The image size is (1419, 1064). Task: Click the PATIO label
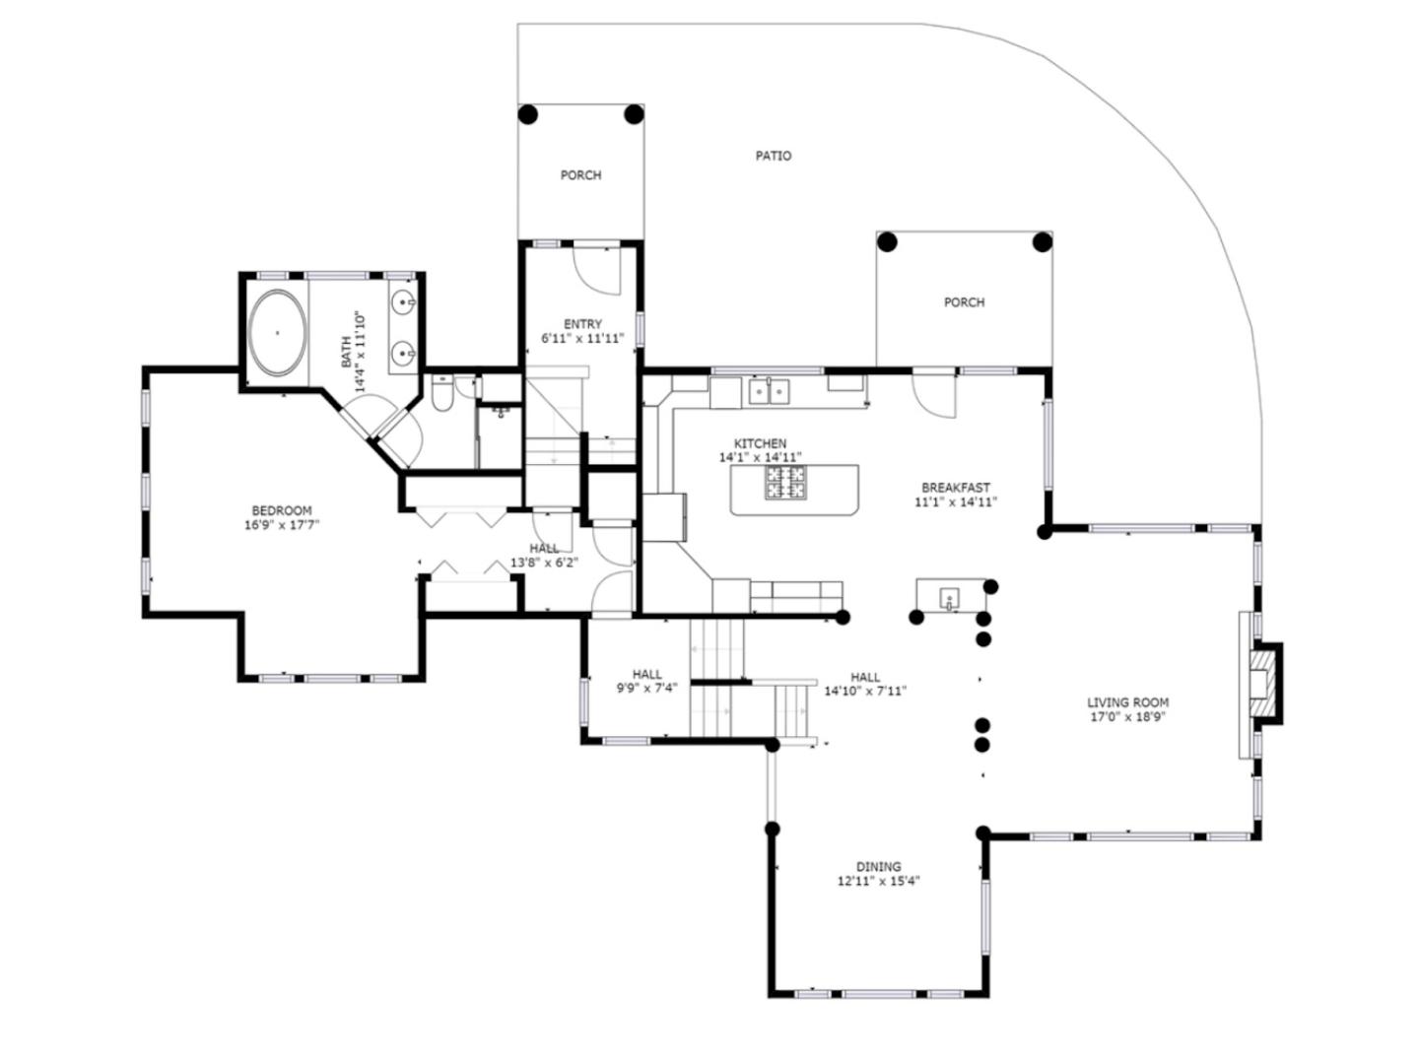pos(774,156)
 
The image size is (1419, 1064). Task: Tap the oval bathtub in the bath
pos(277,332)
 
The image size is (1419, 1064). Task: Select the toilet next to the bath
pos(442,393)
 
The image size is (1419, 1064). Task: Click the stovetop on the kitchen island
pos(785,482)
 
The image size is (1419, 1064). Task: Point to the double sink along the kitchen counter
pos(769,391)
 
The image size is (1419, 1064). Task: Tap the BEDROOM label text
pos(282,510)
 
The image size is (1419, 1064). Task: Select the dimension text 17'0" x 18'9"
pos(1127,716)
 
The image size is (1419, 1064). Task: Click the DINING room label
pos(879,866)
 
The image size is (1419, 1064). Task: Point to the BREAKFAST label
pos(956,488)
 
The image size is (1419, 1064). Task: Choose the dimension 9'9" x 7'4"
pos(646,688)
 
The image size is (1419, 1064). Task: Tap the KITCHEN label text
pos(760,443)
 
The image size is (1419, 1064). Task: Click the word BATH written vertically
pos(346,352)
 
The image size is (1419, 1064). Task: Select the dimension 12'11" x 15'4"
pos(879,881)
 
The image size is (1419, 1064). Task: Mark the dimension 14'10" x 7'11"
pos(865,691)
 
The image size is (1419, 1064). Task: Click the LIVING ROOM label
pos(1127,702)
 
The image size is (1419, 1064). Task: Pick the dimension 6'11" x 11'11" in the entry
pos(582,338)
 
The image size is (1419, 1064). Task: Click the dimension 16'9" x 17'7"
pos(282,524)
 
